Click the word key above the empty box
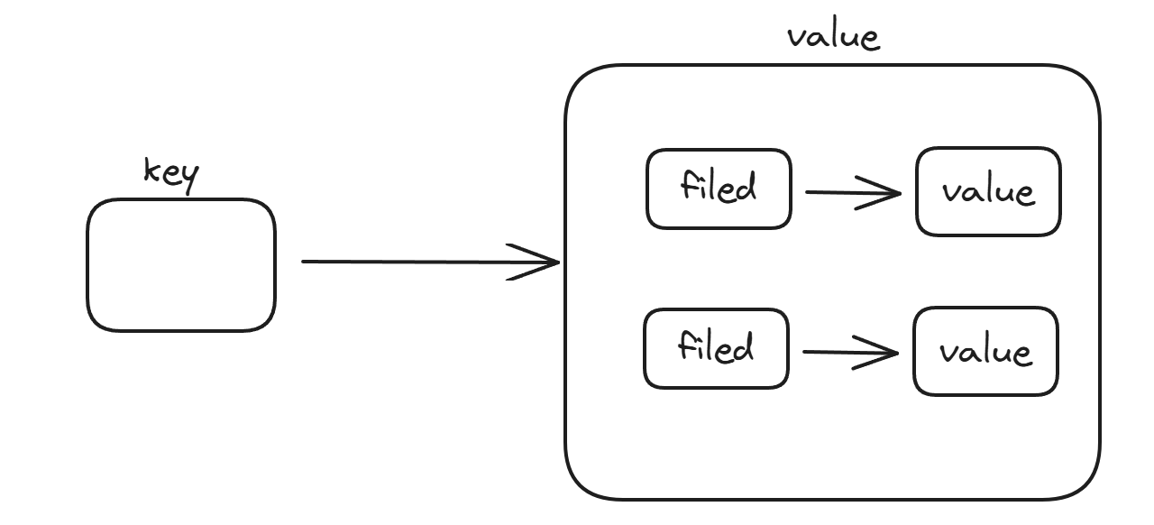[171, 175]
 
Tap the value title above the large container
[834, 37]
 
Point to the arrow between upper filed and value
[853, 193]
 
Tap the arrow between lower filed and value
[850, 353]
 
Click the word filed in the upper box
[719, 186]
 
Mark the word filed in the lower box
[716, 345]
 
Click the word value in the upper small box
[988, 192]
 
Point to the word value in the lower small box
[985, 353]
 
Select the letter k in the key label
[151, 170]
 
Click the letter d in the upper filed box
[746, 187]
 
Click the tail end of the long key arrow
[302, 262]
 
